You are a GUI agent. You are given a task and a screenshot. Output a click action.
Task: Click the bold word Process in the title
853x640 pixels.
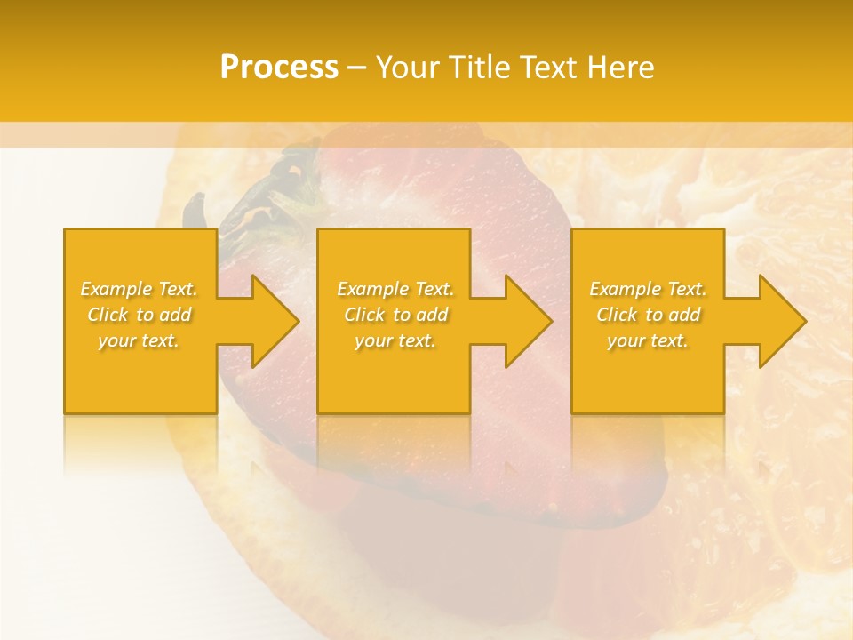279,68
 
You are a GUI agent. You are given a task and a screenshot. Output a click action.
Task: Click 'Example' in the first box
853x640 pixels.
116,289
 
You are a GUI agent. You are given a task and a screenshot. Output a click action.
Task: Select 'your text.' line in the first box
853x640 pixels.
139,340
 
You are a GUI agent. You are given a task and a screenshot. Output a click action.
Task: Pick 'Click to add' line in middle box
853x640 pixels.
395,315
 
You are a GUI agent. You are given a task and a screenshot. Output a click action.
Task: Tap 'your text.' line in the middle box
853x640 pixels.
395,340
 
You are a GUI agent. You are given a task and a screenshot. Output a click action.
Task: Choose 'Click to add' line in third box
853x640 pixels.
649,315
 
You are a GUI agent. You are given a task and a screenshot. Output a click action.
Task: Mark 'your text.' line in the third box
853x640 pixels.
649,340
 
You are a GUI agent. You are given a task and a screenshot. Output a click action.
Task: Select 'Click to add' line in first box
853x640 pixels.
139,315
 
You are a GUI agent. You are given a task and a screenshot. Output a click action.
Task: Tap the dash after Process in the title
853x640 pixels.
356,68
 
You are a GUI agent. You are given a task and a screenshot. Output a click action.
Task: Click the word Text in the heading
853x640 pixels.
544,68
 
